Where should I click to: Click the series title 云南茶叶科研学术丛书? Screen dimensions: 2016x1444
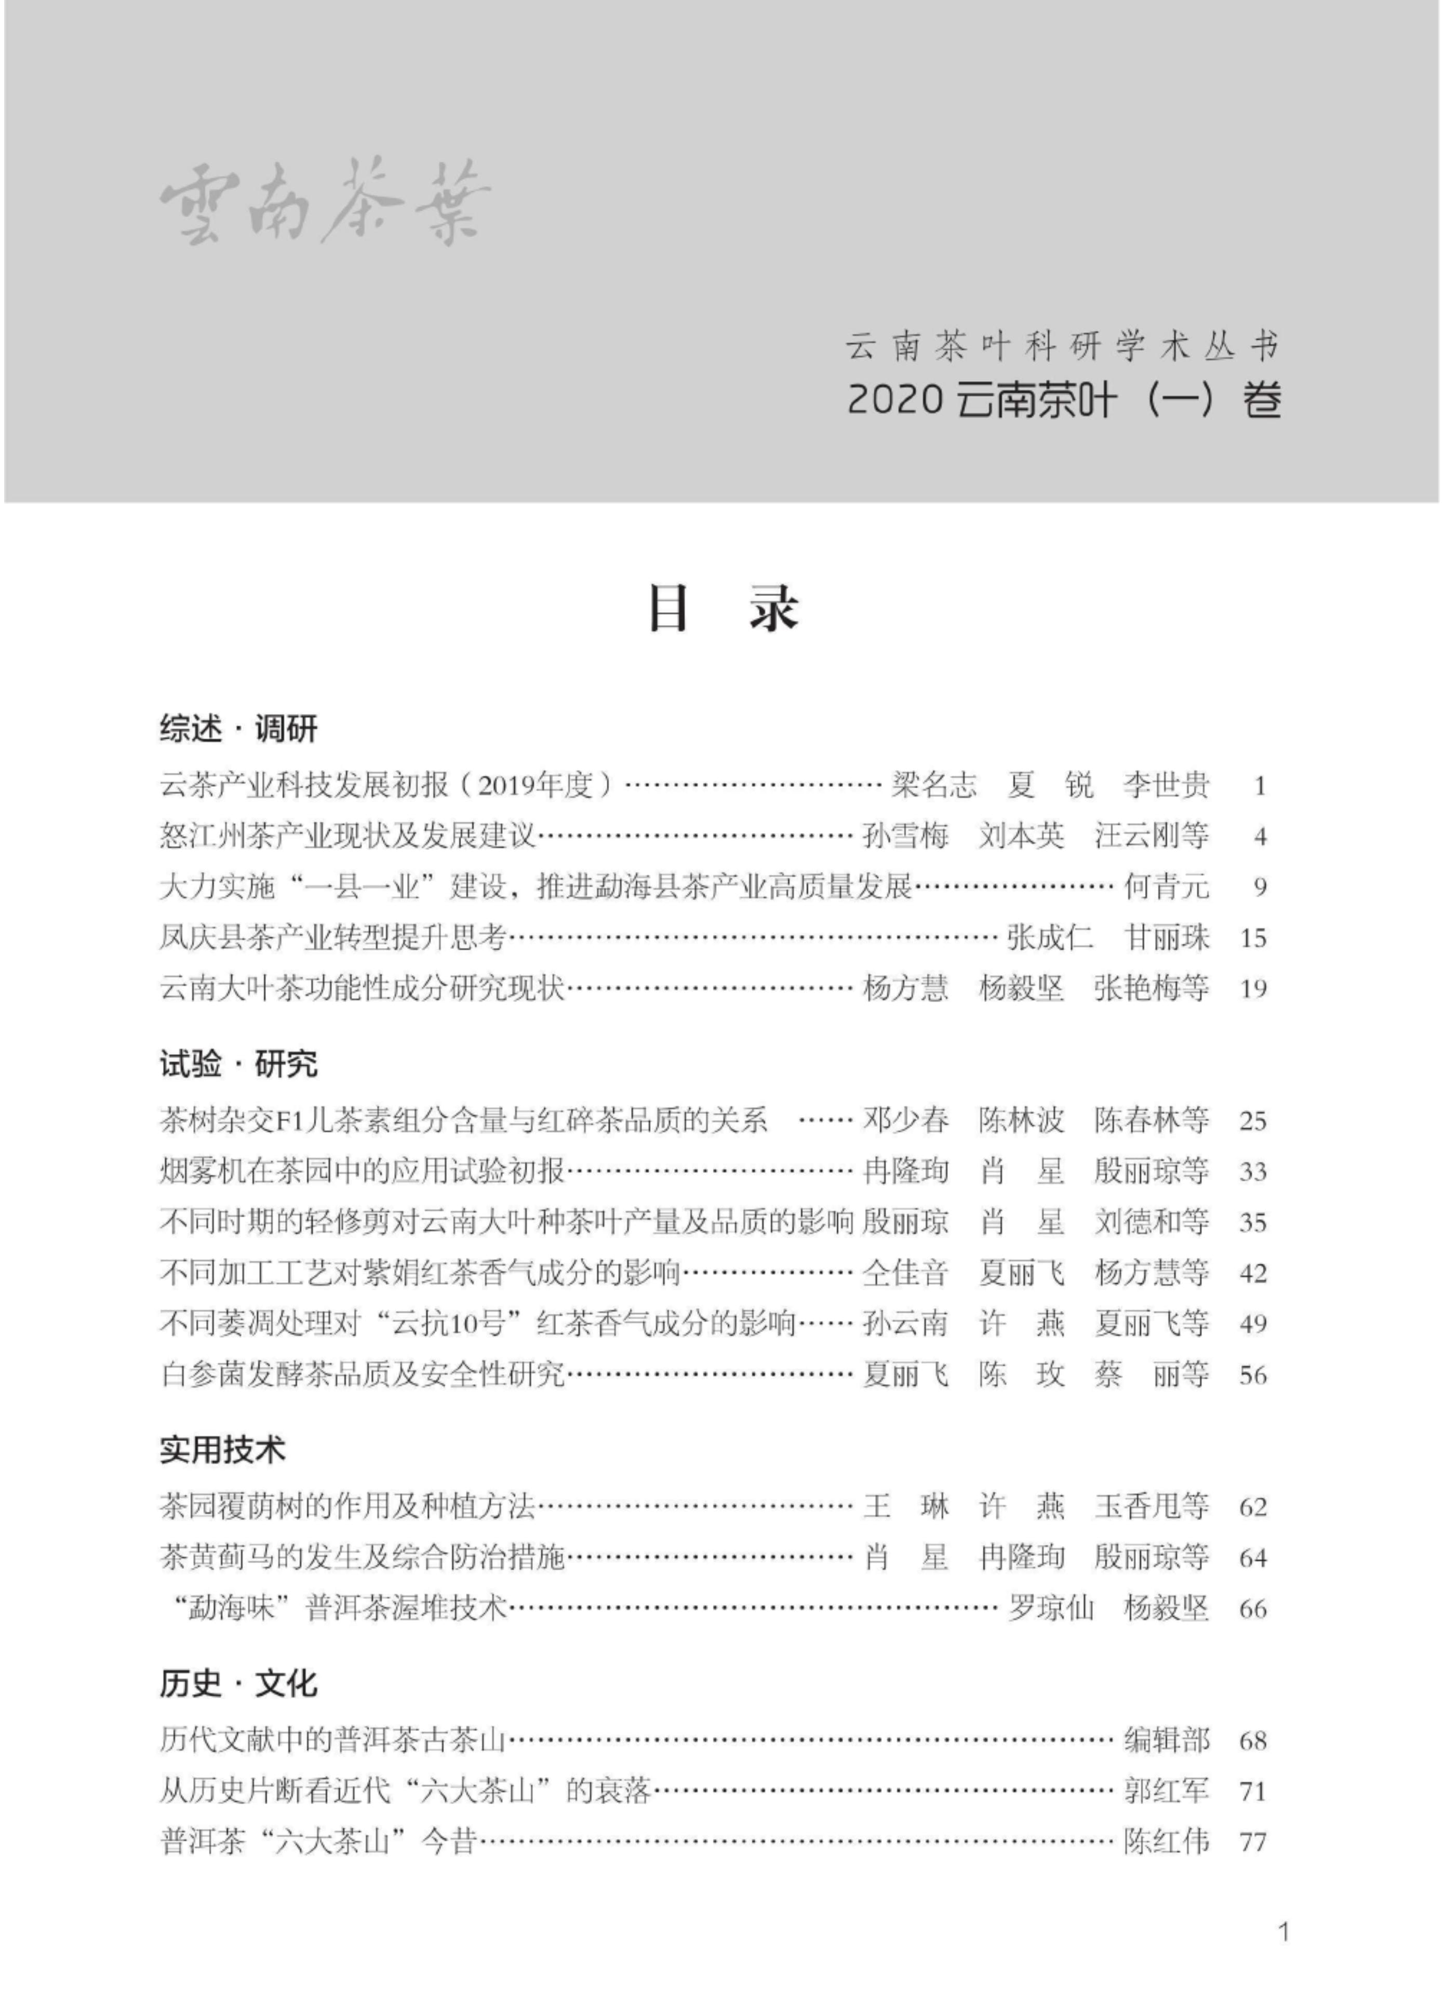(1063, 347)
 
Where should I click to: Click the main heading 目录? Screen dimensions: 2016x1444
(722, 609)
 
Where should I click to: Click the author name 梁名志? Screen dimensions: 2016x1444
(933, 785)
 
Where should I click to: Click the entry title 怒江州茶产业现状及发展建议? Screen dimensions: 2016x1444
(349, 836)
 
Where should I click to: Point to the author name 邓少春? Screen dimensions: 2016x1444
(905, 1120)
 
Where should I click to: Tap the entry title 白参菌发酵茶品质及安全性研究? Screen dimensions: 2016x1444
(363, 1375)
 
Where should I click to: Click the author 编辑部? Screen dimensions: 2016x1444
(1167, 1740)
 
